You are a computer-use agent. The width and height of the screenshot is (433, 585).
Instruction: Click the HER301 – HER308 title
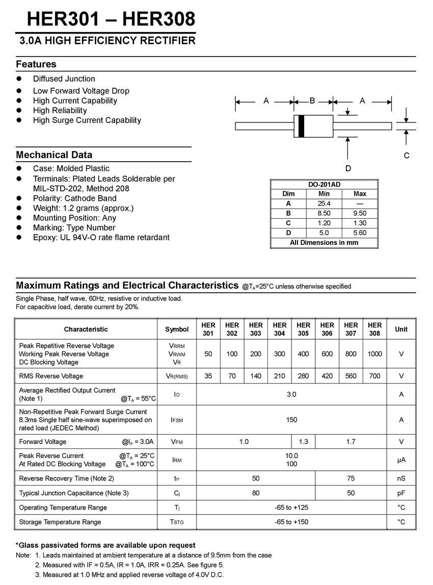[111, 19]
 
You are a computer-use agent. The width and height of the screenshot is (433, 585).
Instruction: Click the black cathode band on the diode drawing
[301, 126]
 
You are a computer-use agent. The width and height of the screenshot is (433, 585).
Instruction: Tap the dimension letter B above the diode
[312, 101]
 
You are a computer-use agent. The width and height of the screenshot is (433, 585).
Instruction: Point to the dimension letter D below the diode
[348, 168]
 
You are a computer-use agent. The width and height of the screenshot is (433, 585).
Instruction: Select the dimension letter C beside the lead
[407, 156]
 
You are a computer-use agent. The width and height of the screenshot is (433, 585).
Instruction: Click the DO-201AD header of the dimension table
[324, 184]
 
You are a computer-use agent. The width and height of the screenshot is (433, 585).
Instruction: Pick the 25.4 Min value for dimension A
[324, 204]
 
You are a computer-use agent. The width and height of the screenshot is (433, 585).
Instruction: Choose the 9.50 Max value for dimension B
[360, 213]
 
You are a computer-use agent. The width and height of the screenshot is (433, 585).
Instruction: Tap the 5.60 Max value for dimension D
[360, 233]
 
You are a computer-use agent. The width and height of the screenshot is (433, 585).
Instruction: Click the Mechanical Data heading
[54, 155]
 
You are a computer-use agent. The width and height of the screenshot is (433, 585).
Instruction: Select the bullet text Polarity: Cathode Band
[75, 198]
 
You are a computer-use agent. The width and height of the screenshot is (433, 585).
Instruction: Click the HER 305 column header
[303, 329]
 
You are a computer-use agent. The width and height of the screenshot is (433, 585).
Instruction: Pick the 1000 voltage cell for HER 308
[374, 353]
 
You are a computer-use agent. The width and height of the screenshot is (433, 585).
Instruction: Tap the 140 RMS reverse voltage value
[256, 376]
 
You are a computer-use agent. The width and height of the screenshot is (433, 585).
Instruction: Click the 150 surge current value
[291, 420]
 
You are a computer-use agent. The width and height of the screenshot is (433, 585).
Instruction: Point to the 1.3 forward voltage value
[303, 442]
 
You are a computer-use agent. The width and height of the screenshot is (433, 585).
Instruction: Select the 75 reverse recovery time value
[351, 478]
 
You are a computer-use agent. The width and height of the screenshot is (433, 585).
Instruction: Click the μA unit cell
[401, 460]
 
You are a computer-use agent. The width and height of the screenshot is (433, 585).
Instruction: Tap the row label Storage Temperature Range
[60, 522]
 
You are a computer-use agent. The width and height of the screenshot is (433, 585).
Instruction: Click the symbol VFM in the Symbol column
[177, 442]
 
